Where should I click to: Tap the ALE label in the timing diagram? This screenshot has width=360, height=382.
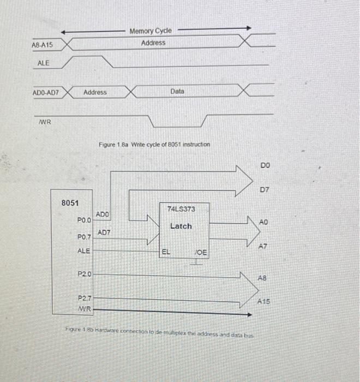pos(44,63)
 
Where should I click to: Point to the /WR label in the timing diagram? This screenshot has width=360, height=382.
pos(45,122)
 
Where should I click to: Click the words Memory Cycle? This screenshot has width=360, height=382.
pos(150,31)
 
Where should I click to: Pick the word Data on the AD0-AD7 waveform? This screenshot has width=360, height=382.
pos(177,92)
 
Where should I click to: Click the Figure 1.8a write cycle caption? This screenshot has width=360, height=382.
pos(154,145)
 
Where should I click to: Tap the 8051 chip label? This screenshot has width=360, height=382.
pos(70,202)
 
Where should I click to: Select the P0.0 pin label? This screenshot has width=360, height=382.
pos(83,220)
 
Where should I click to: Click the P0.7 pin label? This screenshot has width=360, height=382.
pos(84,237)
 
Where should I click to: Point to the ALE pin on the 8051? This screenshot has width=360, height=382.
pos(83,250)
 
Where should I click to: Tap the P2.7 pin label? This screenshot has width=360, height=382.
pos(84,299)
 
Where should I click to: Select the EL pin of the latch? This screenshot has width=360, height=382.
pos(166,252)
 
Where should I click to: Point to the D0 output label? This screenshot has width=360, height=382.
pos(265,165)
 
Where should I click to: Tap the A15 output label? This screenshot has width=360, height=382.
pos(265,301)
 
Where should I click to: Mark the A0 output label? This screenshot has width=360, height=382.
pos(263,223)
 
